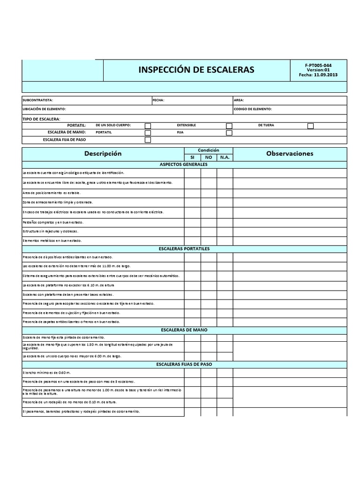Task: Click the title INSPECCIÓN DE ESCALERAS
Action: pos(196,70)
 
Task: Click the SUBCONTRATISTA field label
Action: pos(38,100)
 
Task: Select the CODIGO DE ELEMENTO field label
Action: pos(253,109)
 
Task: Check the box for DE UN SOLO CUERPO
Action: pos(148,126)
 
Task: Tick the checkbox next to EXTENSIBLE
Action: pos(229,126)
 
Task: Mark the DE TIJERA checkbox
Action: pos(310,126)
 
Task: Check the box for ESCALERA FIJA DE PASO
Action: pos(148,140)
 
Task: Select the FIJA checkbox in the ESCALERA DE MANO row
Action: pos(229,133)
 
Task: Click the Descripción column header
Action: pos(103,154)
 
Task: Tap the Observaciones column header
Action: pos(290,154)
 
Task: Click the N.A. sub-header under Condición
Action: pos(225,157)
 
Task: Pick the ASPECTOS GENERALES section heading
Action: pos(184,165)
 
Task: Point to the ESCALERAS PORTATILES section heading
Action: pos(184,248)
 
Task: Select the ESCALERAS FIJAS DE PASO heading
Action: pos(184,364)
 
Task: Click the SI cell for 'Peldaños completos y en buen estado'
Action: pos(192,222)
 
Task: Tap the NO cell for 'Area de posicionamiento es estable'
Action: pos(209,193)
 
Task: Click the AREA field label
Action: pos(239,100)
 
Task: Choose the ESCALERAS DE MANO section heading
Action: pos(184,330)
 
